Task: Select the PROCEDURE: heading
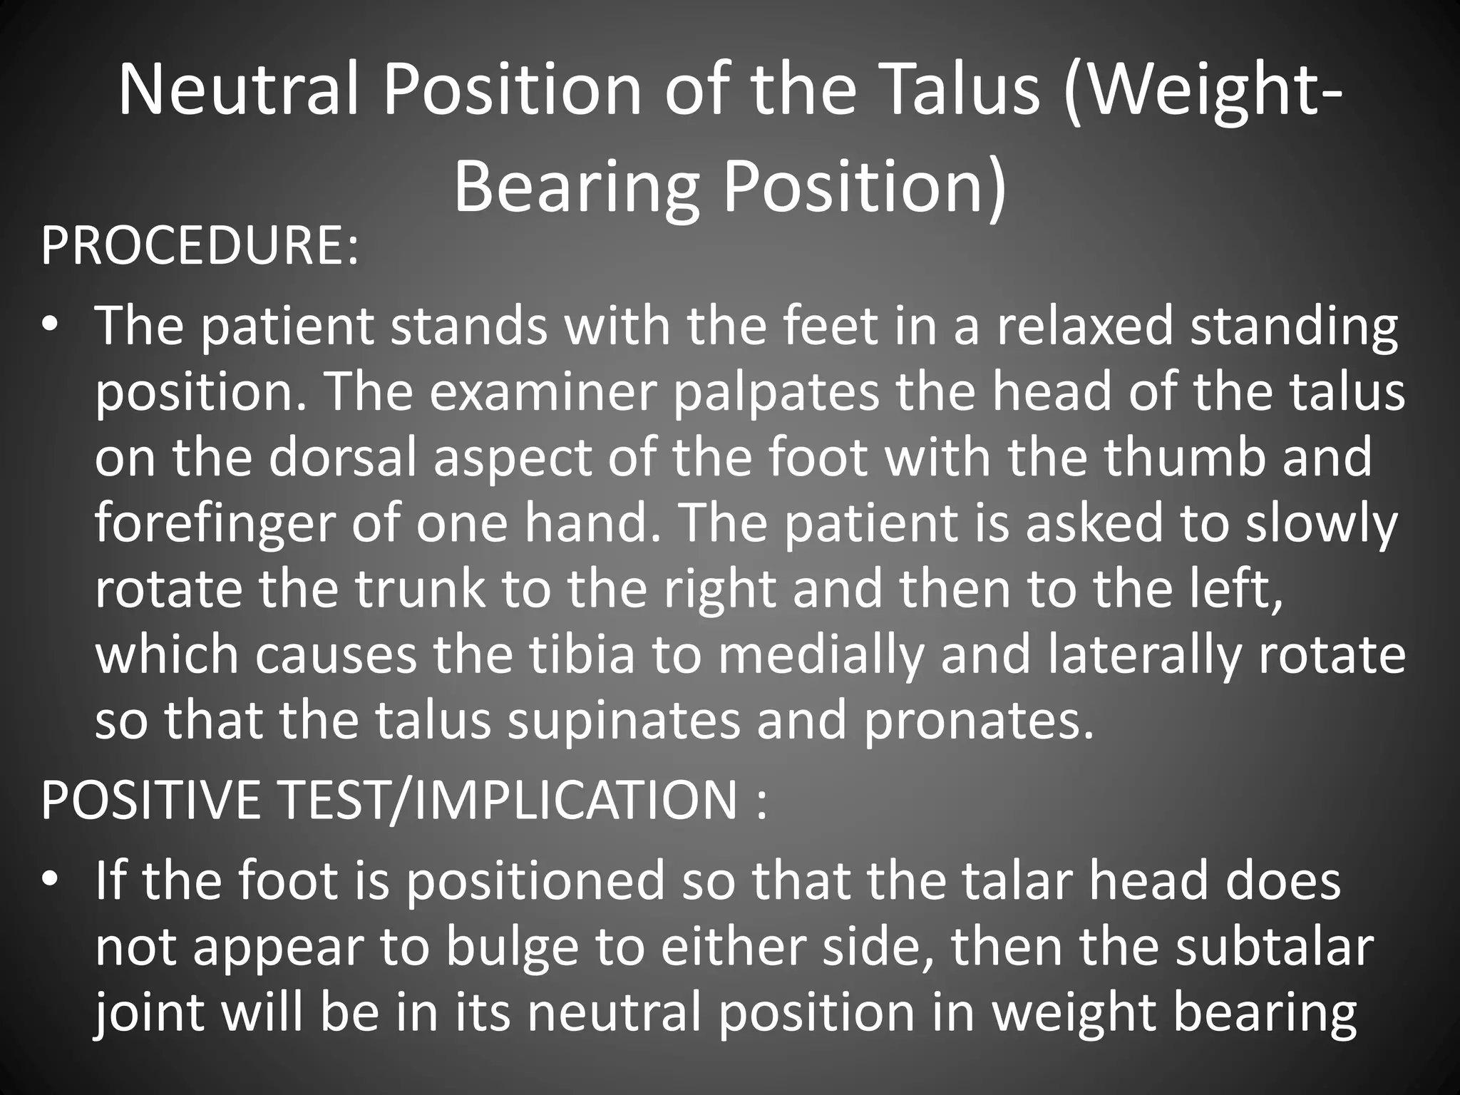coord(200,247)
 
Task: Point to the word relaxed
coord(1084,326)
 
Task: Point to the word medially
coord(820,655)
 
